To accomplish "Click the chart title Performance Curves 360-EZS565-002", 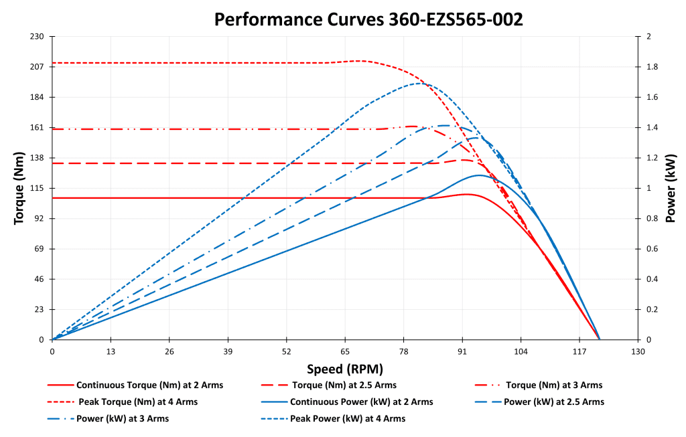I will click(x=368, y=19).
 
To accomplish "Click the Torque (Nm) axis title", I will click(x=20, y=188).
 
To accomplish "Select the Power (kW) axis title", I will click(x=672, y=188).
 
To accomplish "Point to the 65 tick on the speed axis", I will click(x=345, y=352).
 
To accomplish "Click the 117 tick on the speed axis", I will click(x=579, y=352).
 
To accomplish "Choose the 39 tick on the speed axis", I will click(x=228, y=352).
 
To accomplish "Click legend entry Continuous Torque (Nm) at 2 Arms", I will click(x=149, y=385).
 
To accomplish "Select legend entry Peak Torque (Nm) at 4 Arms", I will click(x=137, y=402).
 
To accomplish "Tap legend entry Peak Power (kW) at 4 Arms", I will click(x=348, y=418).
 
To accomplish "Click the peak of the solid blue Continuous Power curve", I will click(x=479, y=175).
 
